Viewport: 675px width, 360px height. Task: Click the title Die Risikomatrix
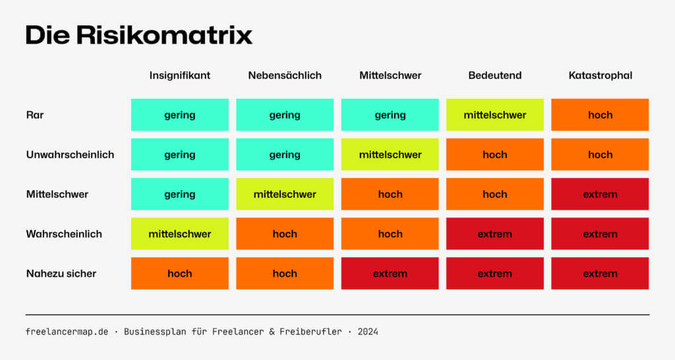139,35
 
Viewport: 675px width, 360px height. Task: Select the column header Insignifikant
179,75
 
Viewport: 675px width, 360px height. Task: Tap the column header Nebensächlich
285,75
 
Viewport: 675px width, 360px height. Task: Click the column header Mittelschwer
390,75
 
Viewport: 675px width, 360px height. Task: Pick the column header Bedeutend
494,75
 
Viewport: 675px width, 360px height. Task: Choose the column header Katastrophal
600,75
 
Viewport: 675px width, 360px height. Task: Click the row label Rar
35,115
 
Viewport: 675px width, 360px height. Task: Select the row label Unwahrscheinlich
70,154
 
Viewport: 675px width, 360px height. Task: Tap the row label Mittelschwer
57,195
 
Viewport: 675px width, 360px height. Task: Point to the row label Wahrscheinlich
64,234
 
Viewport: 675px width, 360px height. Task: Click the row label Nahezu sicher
61,274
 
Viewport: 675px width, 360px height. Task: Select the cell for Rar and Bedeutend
494,115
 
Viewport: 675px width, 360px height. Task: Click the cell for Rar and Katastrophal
600,115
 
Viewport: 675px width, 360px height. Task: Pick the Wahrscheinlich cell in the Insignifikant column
179,234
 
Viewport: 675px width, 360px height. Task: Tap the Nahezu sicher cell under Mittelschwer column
390,274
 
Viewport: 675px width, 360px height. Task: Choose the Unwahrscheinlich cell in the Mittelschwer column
390,154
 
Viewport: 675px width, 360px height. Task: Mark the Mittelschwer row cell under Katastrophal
600,195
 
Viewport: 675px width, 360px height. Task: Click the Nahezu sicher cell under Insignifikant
179,274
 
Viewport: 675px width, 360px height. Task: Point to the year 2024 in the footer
368,332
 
